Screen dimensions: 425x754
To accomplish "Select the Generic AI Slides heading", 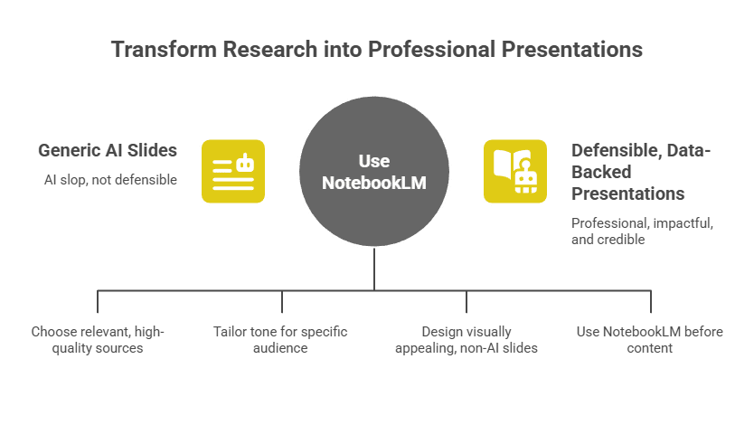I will [108, 150].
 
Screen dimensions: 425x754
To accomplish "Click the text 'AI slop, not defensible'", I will [110, 180].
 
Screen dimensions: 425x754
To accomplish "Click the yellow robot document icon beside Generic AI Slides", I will [233, 170].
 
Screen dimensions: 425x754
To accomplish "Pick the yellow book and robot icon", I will [515, 170].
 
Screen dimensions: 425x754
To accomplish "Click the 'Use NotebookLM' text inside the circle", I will [374, 172].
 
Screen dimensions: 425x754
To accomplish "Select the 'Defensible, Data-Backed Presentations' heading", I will [640, 171].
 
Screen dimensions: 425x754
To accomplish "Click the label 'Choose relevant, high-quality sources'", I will [98, 339].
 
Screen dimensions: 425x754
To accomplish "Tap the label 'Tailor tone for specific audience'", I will [280, 339].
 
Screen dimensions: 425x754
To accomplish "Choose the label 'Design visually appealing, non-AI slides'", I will [467, 339].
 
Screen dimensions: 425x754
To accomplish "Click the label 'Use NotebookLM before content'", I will [650, 339].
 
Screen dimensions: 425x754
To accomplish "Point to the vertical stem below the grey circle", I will [374, 269].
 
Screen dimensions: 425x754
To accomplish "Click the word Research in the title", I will [265, 49].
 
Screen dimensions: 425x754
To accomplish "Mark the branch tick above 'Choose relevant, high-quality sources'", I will [98, 301].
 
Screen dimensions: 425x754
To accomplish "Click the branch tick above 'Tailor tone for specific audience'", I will [282, 301].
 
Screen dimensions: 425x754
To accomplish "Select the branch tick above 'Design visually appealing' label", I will [467, 301].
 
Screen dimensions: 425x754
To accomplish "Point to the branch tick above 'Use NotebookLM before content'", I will [651, 301].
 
